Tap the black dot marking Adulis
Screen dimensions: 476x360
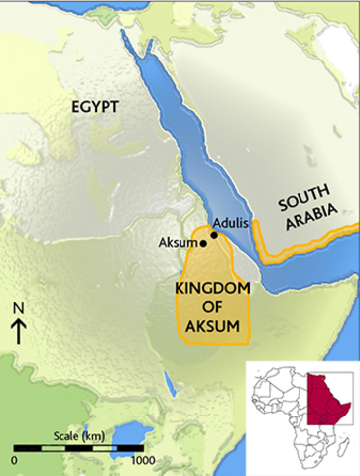[215, 224]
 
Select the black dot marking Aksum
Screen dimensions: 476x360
[203, 241]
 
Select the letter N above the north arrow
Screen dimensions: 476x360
[18, 307]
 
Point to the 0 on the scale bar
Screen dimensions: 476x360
[15, 461]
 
